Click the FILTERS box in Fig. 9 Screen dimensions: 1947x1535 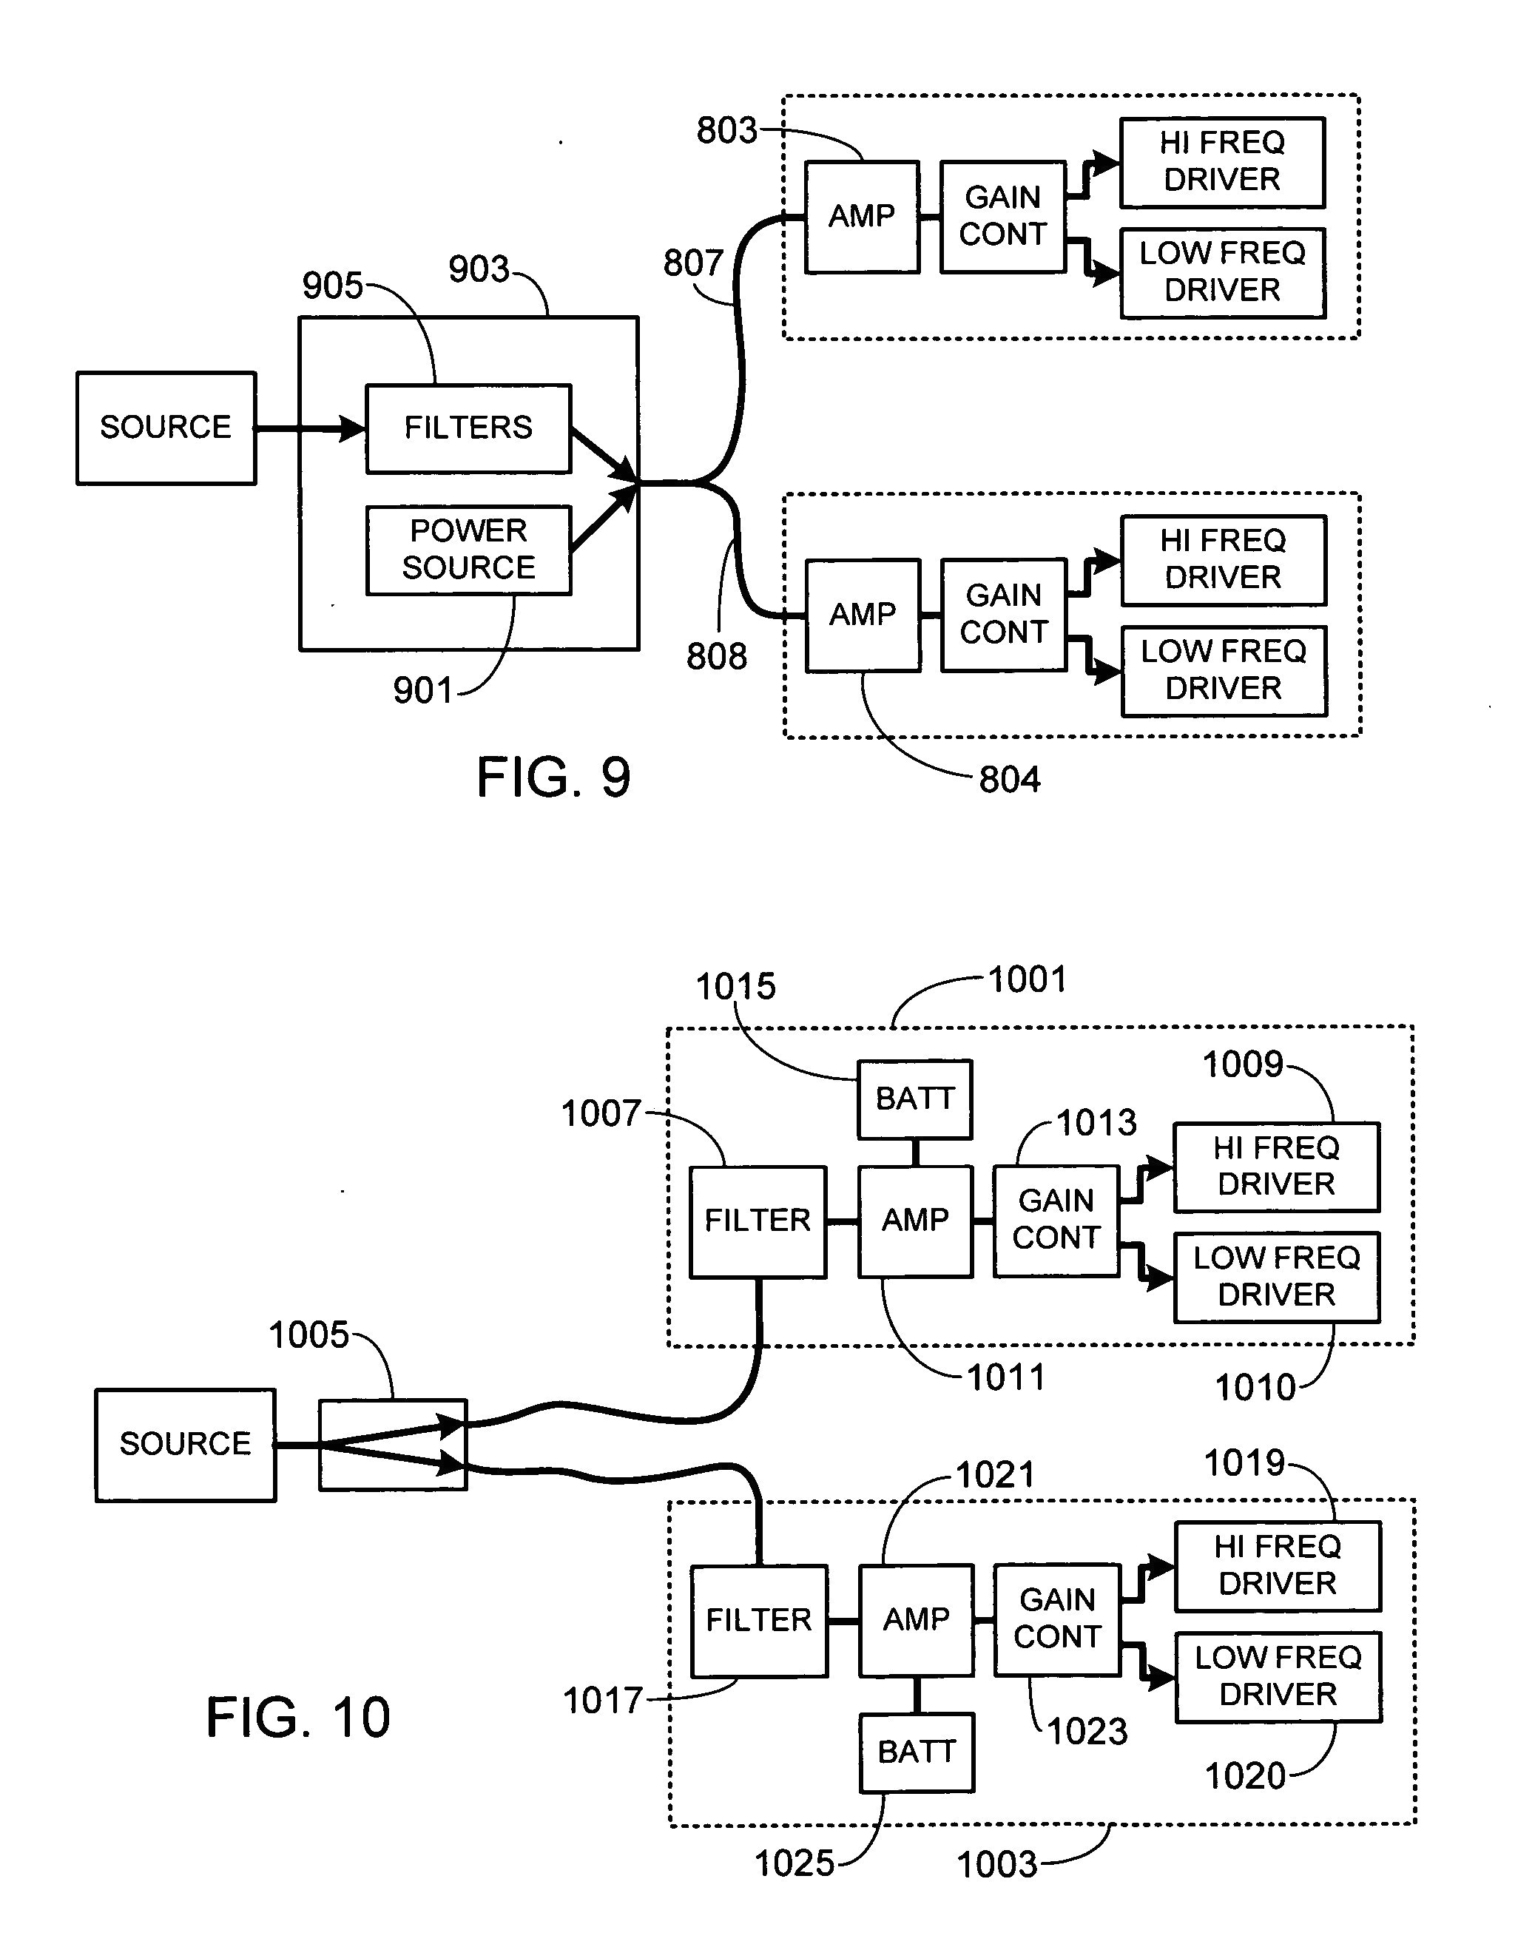point(468,428)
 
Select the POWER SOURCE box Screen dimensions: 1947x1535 point(468,550)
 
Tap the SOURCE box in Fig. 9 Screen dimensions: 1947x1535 point(166,428)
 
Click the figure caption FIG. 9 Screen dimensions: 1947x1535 point(553,777)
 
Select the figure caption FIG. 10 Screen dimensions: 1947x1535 point(297,1717)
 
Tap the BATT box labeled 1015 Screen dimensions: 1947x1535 point(914,1099)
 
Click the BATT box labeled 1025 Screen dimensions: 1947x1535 point(916,1752)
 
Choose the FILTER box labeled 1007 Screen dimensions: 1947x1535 point(757,1221)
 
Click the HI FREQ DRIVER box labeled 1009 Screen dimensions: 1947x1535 point(1275,1167)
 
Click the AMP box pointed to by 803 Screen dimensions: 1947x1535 point(861,217)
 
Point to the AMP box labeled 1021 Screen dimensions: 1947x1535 point(916,1620)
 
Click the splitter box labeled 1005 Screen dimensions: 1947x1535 point(393,1445)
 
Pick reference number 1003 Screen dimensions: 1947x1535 point(996,1864)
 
